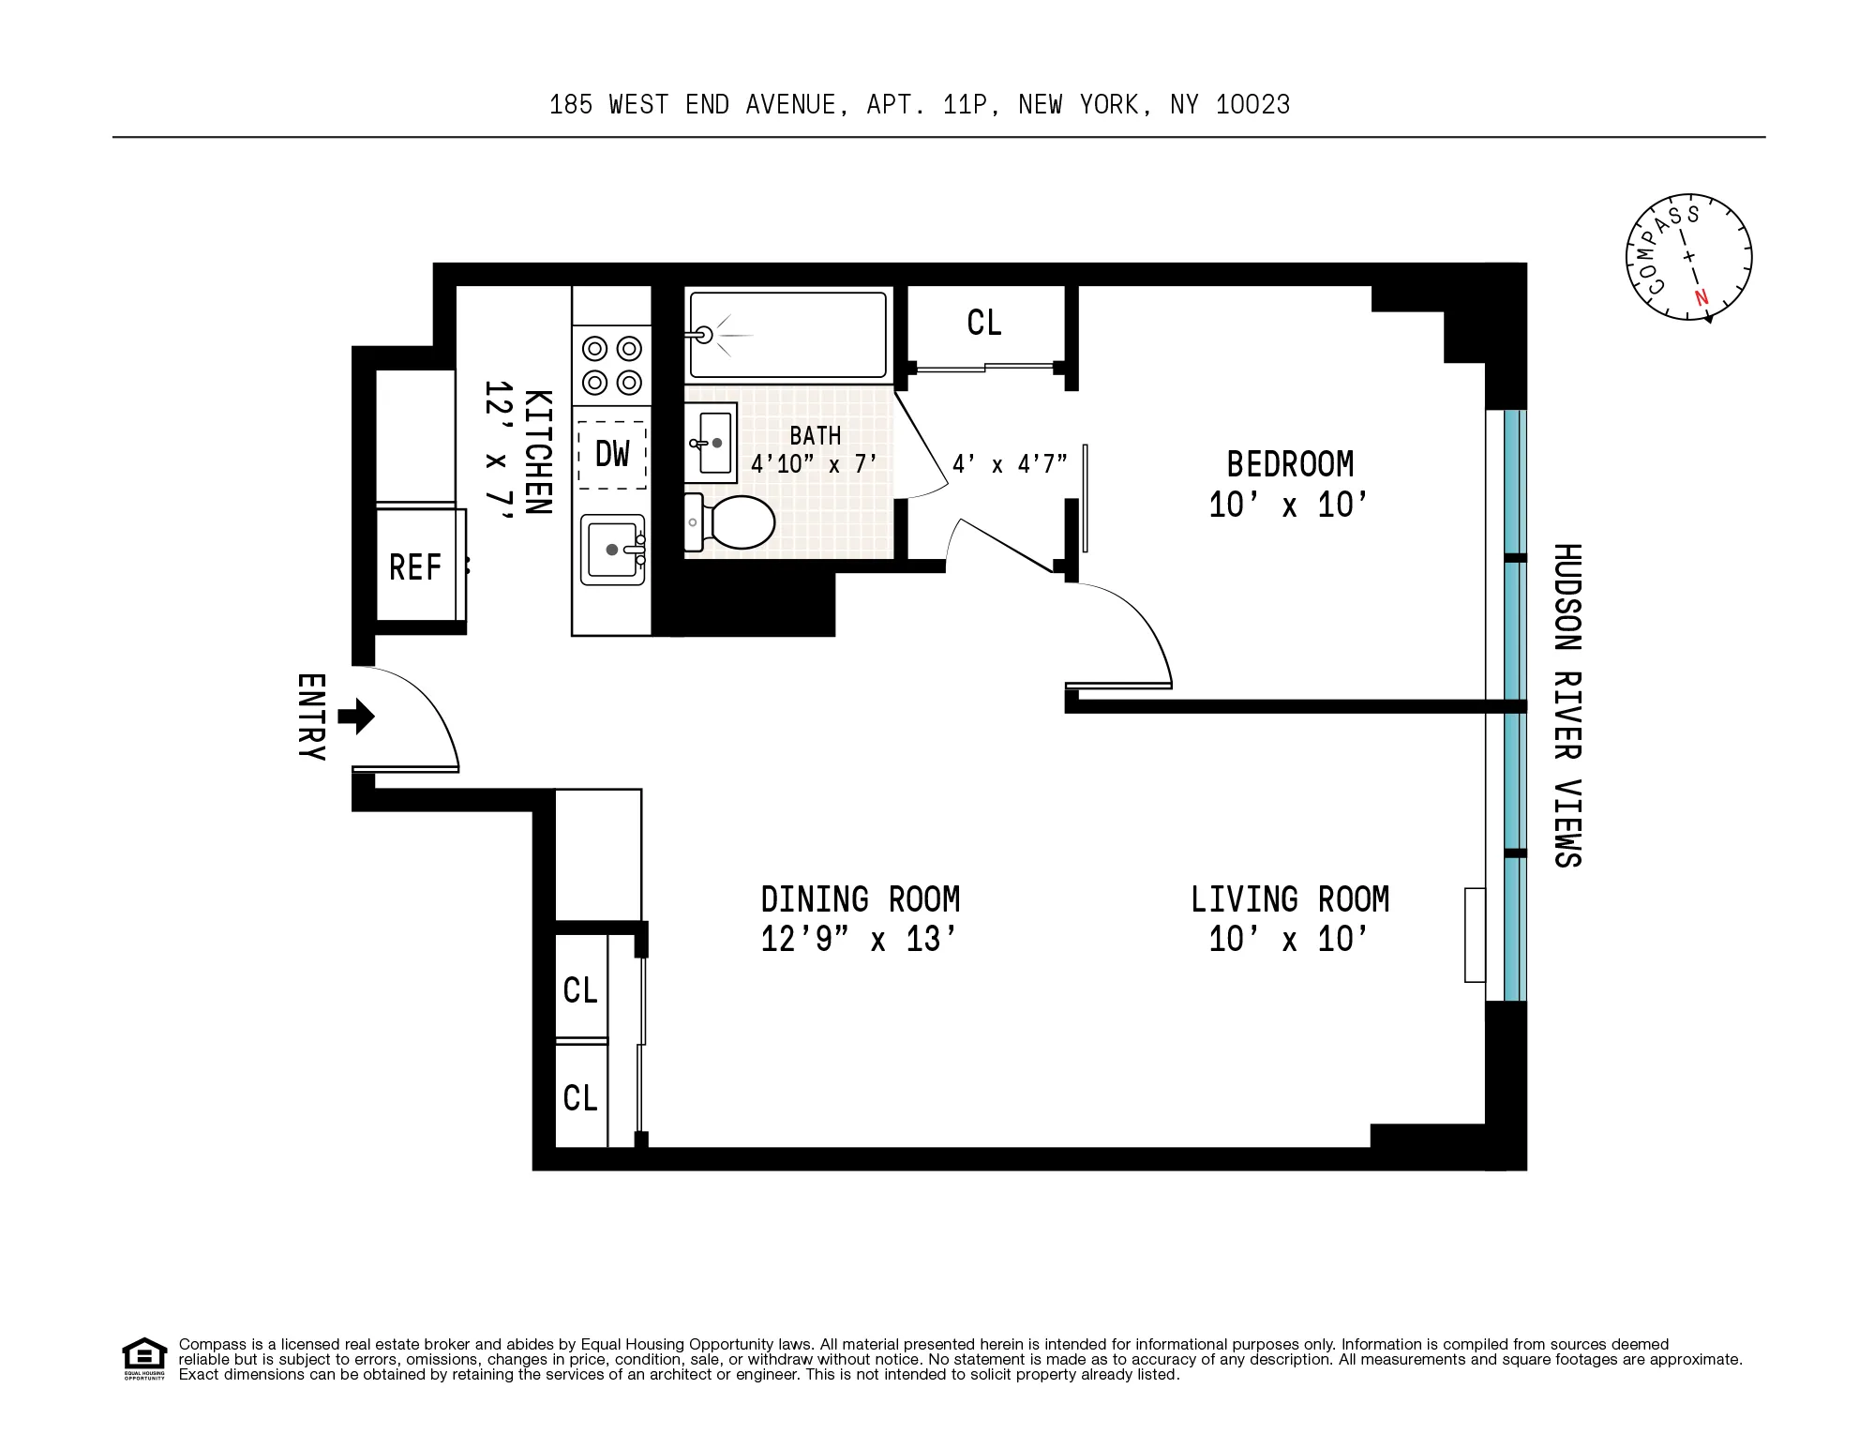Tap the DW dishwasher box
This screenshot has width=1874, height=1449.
click(x=612, y=455)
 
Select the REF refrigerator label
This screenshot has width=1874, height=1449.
click(x=414, y=567)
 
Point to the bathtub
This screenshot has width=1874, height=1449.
click(x=787, y=335)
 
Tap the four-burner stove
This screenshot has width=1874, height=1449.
click(x=612, y=366)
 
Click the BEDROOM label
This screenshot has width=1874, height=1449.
click(x=1290, y=464)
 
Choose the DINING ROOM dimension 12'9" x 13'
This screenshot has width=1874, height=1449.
click(x=860, y=939)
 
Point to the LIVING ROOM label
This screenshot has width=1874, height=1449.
click(x=1290, y=899)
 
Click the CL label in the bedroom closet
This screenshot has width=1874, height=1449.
click(x=984, y=324)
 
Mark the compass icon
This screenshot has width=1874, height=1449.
click(x=1688, y=258)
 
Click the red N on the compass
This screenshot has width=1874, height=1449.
click(x=1702, y=299)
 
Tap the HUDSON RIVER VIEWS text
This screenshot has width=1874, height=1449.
click(x=1567, y=705)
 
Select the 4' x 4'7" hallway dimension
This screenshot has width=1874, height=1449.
click(x=1010, y=464)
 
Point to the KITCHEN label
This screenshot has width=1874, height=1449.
click(x=536, y=452)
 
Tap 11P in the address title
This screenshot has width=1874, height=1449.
click(x=966, y=104)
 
